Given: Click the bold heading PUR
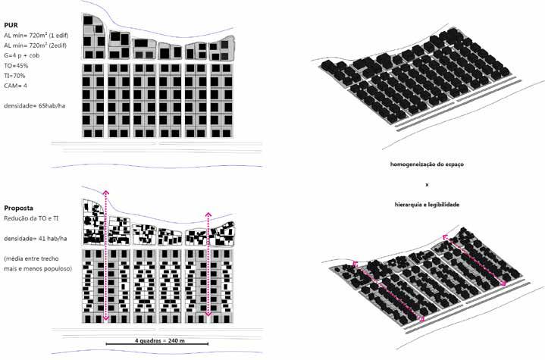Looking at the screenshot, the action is tap(11, 25).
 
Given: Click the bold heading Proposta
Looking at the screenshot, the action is tap(19, 208).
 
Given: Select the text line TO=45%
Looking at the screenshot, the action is tap(16, 66).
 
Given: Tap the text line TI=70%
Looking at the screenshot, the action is tap(14, 76).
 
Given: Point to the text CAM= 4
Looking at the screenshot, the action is tap(15, 86).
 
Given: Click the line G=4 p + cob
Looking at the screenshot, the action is tap(21, 55).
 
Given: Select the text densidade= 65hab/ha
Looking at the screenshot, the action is tap(34, 106).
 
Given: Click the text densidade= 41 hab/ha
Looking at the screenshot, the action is tap(36, 239).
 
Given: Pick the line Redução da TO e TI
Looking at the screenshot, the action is tap(31, 218).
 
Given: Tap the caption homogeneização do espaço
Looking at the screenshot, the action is tap(427, 164).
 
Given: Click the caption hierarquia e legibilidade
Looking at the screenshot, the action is tap(427, 205).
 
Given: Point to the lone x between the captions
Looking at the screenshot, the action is tap(427, 185).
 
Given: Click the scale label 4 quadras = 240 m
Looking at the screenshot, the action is tap(160, 340).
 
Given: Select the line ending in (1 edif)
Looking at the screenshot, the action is tap(36, 36).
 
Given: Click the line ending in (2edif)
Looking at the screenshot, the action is tap(35, 45).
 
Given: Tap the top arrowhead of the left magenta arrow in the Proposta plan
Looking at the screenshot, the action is tap(105, 193).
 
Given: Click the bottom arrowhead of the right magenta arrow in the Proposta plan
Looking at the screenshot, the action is tap(208, 314).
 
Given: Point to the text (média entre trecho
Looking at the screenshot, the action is tap(31, 259).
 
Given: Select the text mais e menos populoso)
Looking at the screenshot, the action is tap(38, 269).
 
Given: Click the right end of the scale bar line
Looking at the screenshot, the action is tap(208, 344).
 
